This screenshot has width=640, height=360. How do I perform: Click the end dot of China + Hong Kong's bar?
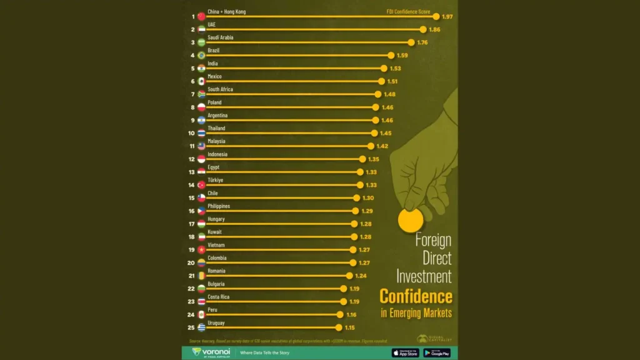pos(436,16)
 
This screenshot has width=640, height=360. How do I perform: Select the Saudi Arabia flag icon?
pos(201,42)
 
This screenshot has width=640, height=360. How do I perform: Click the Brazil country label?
pos(214,50)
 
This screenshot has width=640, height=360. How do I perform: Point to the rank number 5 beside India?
pos(193,68)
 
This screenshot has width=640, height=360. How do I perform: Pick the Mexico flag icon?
pos(201,81)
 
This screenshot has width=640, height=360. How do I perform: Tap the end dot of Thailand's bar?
pos(374,133)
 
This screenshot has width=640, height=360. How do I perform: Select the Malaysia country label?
pos(217,141)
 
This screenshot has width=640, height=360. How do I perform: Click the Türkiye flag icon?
pos(201,185)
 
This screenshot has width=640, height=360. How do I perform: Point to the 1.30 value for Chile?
pos(368,198)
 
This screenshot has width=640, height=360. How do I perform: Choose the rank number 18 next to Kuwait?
pos(192,237)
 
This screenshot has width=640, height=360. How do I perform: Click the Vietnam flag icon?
pos(201,250)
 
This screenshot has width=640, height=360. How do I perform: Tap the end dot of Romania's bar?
pos(349,276)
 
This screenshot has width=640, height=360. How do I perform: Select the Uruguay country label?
pos(216,323)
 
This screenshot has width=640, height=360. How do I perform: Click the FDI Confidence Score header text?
pos(408,12)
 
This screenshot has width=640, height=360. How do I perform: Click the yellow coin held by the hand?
pos(411,220)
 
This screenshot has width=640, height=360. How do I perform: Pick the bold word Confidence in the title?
pos(416,296)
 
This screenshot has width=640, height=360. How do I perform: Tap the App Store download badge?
pos(406,352)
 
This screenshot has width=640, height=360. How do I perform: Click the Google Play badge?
pos(437,352)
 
